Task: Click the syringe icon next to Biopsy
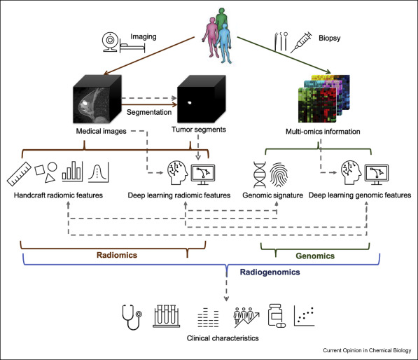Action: coord(301,42)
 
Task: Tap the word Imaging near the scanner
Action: coord(143,36)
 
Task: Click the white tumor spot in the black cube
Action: coord(190,102)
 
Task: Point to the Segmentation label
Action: coord(149,112)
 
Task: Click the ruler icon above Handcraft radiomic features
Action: coord(19,174)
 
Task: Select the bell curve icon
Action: coord(98,172)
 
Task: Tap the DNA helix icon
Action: coord(259,174)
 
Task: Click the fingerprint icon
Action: coord(279,174)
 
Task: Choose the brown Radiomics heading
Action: coord(117,255)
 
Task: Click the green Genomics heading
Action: coord(315,256)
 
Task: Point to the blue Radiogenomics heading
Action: coord(270,272)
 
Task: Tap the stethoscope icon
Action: coord(132,317)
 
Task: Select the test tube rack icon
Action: coord(167,316)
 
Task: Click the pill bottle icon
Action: coord(277,316)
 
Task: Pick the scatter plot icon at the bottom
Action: coord(304,316)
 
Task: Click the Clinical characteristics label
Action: coord(223,338)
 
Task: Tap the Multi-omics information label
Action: coord(323,132)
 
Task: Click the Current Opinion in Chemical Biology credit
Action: coord(367,350)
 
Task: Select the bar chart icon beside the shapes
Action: coord(72,172)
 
